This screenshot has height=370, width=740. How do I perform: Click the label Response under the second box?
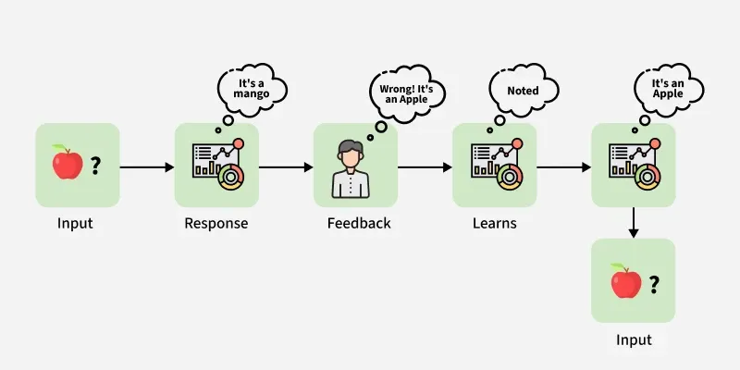(x=216, y=224)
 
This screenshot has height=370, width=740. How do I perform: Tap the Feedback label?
(x=359, y=224)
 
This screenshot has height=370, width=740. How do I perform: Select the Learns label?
(x=493, y=224)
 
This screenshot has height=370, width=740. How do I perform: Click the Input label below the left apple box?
(x=75, y=224)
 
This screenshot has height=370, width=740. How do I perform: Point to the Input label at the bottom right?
(x=634, y=340)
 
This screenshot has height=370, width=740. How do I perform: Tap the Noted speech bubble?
(x=523, y=91)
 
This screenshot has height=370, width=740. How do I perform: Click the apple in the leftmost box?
(x=66, y=164)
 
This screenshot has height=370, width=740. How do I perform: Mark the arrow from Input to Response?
(x=147, y=167)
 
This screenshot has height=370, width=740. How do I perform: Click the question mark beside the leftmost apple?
(x=95, y=166)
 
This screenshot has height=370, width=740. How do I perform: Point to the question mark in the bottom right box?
(x=653, y=283)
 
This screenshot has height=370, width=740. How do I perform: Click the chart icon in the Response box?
(x=216, y=166)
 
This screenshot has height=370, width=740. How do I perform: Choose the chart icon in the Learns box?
(x=494, y=166)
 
